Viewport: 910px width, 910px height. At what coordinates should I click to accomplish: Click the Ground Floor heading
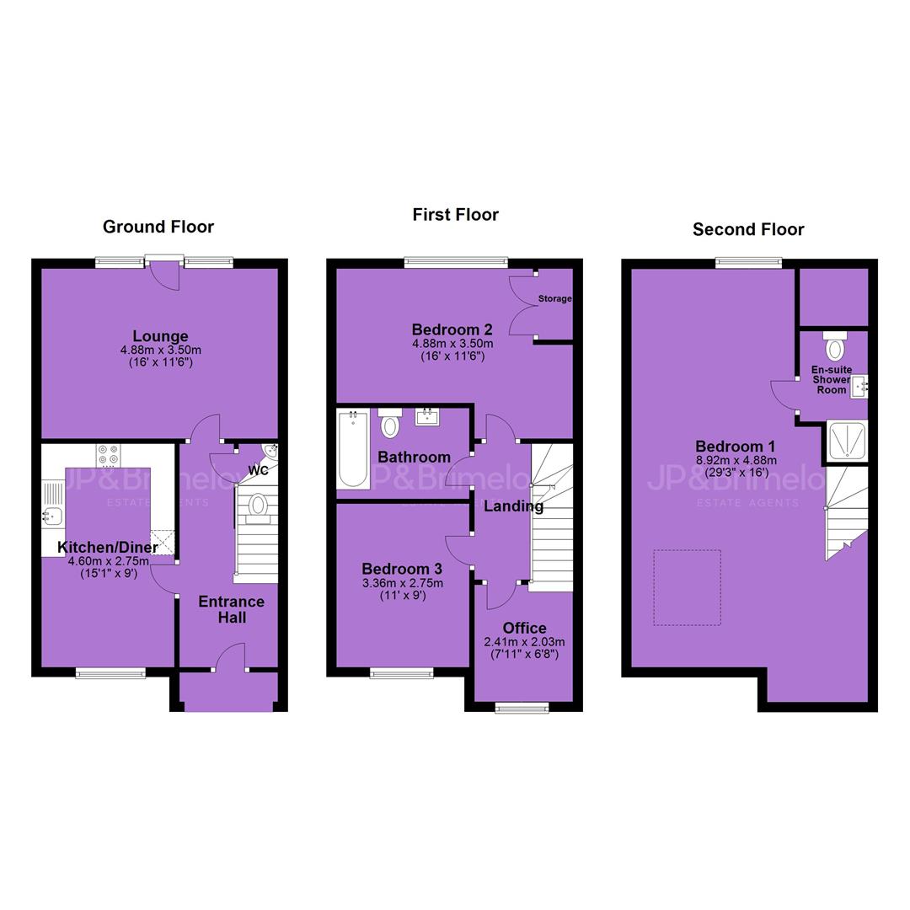pos(158,227)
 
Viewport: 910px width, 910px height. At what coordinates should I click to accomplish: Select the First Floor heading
pos(456,215)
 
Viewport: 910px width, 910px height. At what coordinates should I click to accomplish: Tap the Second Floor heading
pos(748,230)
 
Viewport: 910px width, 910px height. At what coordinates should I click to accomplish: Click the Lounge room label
pos(160,336)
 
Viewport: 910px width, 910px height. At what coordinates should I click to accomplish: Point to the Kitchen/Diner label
pos(107,548)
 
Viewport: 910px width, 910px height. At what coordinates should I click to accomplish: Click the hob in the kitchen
pos(109,456)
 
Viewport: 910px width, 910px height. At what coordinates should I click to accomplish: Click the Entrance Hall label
pos(232,609)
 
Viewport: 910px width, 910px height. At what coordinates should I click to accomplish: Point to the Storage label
pos(554,298)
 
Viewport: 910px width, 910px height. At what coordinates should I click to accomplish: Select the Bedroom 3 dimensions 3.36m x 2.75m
pos(403,583)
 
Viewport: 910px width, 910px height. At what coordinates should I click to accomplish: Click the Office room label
pos(525,628)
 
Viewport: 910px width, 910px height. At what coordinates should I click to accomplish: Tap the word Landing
pos(514,506)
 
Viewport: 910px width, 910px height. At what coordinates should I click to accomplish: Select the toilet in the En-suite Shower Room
pos(835,346)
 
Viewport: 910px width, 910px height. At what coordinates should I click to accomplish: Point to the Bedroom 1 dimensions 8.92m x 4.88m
pos(736,460)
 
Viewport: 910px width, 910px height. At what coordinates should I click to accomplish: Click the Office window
pos(522,707)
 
